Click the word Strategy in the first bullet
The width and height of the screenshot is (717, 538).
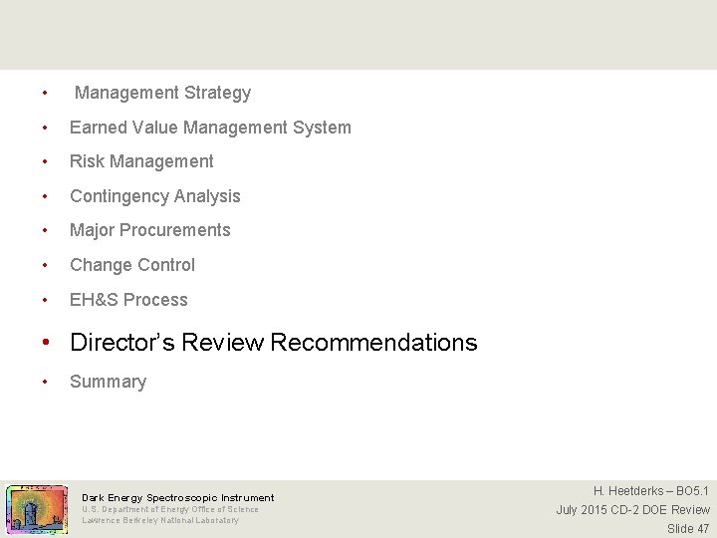pos(218,93)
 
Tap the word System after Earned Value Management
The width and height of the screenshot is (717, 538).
pos(322,128)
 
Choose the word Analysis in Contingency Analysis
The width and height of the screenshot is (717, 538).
pos(208,196)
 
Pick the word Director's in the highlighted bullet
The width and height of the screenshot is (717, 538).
pos(117,343)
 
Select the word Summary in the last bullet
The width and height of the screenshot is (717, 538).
pos(108,382)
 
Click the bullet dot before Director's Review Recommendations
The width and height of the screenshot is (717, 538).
pos(46,344)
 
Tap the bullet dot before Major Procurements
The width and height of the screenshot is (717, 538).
pos(45,231)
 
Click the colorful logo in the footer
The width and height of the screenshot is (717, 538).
pos(37,510)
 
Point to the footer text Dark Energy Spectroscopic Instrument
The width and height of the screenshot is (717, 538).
pos(177,497)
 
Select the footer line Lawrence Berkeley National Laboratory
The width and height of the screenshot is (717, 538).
pos(160,520)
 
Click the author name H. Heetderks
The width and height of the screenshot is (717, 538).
pos(628,490)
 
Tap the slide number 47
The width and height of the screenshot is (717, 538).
pos(702,528)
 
